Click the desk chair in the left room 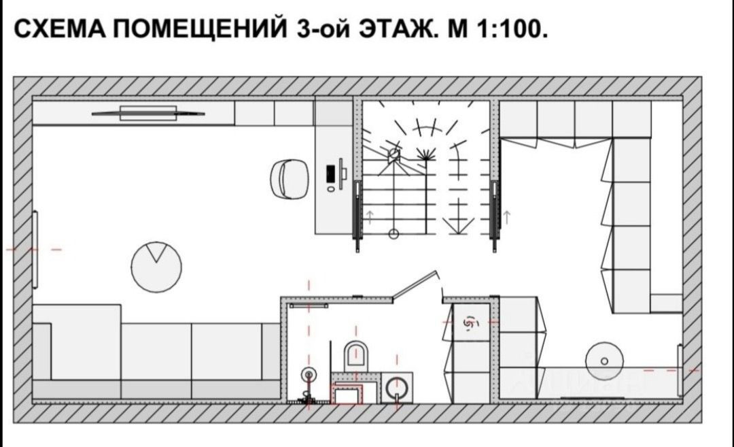pyautogui.click(x=291, y=179)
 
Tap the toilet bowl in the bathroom pyautogui.click(x=356, y=354)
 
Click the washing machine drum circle pyautogui.click(x=395, y=389)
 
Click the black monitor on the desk pyautogui.click(x=332, y=176)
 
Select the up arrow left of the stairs pyautogui.click(x=370, y=217)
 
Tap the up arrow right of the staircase pyautogui.click(x=506, y=217)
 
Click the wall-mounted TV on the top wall pyautogui.click(x=147, y=112)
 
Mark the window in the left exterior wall pyautogui.click(x=35, y=250)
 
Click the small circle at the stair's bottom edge pyautogui.click(x=393, y=234)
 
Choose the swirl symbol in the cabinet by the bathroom pyautogui.click(x=469, y=325)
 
